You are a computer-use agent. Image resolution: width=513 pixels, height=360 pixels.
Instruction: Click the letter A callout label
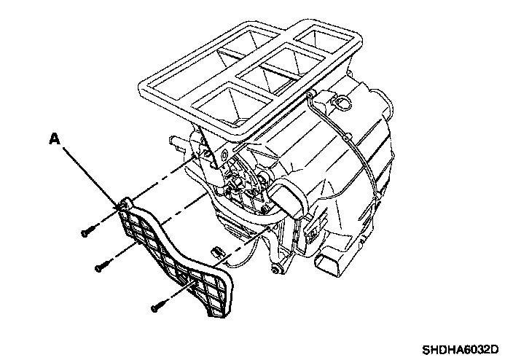[55, 138]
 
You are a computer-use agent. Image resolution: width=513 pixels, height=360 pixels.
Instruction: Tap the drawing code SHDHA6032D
[460, 350]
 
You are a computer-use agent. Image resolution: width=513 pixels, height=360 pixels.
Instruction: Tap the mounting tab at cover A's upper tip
[125, 204]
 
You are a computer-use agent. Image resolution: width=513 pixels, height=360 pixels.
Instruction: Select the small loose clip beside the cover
[216, 251]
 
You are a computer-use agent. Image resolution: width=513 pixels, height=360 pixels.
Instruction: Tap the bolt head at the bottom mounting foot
[274, 270]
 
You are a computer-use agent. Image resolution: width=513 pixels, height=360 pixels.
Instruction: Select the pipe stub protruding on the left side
[176, 142]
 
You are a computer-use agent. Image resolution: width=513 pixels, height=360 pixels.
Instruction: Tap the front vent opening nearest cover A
[229, 104]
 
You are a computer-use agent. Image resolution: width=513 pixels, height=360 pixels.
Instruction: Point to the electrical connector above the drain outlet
[313, 227]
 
